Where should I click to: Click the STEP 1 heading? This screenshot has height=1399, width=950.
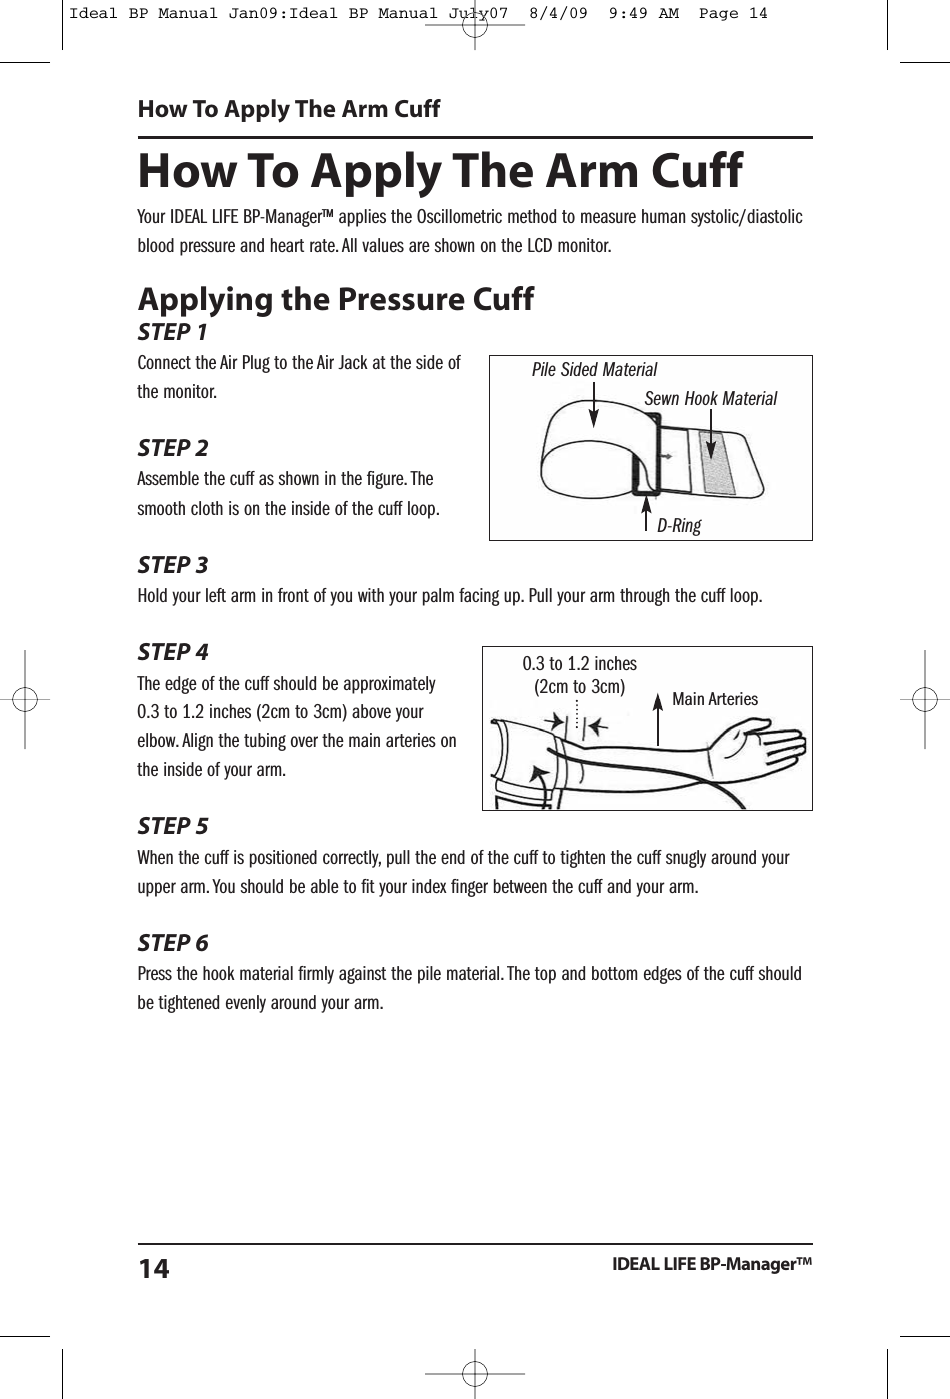tap(173, 331)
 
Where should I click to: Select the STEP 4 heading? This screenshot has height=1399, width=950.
tap(173, 652)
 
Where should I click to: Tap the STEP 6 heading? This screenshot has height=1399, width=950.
tap(173, 943)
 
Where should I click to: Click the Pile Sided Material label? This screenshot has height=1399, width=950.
tap(594, 370)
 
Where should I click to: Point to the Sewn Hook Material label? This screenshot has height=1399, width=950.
tap(710, 399)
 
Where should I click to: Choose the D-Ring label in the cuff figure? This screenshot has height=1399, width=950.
tap(678, 525)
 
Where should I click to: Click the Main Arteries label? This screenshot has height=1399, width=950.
tap(715, 699)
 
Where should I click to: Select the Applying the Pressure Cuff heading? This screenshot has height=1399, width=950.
tap(336, 299)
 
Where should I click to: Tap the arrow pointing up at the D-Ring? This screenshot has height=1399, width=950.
tap(646, 506)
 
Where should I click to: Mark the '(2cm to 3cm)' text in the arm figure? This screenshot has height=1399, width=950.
tap(580, 687)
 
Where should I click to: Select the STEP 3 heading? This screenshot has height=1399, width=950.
tap(173, 565)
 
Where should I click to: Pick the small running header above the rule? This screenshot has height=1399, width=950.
tap(288, 109)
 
